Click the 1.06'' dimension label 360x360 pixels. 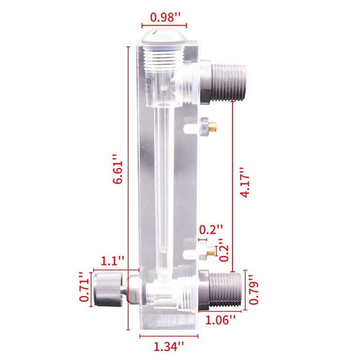(x=220, y=320)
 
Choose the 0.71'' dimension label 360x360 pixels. (x=84, y=287)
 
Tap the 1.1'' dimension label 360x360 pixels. (x=112, y=261)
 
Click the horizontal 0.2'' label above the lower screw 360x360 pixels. (x=211, y=229)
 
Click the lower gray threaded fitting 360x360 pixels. (x=222, y=290)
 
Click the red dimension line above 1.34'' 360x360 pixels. (x=169, y=336)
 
